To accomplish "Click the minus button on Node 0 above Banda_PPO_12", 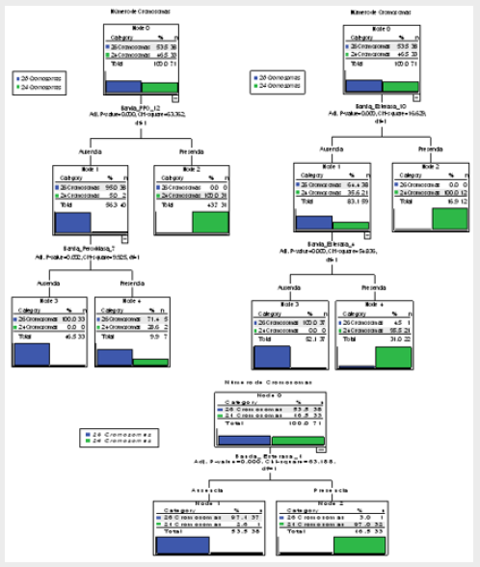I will pyautogui.click(x=174, y=96).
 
